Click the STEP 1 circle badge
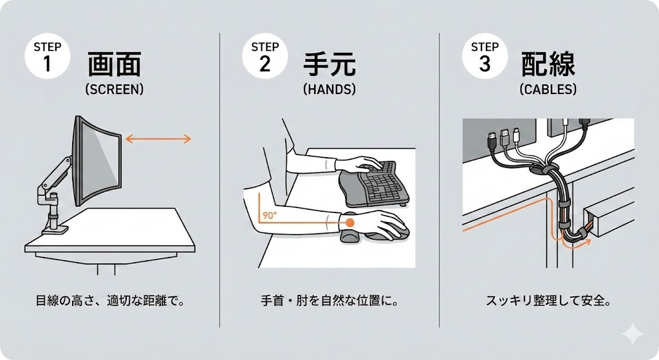click(x=47, y=56)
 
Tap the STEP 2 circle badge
click(x=265, y=56)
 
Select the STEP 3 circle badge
click(x=485, y=56)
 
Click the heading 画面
click(x=114, y=65)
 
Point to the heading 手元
click(x=329, y=65)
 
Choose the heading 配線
click(x=548, y=65)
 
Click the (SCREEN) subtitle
click(x=114, y=90)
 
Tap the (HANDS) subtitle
click(x=329, y=90)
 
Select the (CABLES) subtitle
click(x=548, y=90)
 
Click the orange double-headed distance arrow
click(x=158, y=138)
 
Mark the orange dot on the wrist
click(x=350, y=222)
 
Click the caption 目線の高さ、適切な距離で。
click(x=109, y=300)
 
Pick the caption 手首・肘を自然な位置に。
click(x=329, y=300)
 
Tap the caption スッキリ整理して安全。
click(x=548, y=300)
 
